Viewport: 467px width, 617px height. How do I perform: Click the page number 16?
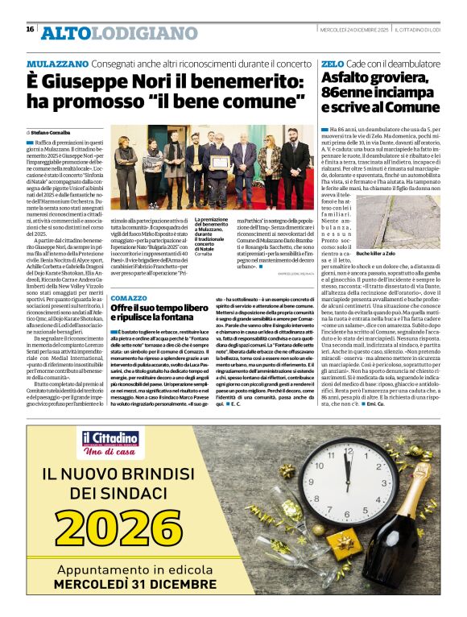pyautogui.click(x=30, y=29)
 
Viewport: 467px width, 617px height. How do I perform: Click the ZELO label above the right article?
pyautogui.click(x=332, y=63)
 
